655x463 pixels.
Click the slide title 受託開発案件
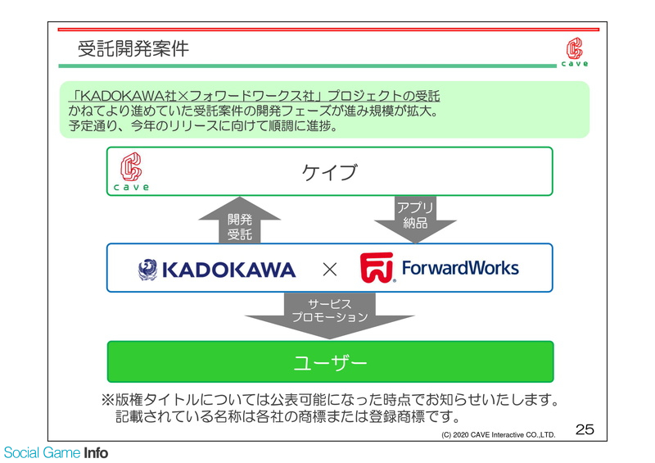(133, 48)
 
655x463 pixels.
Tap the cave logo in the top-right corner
(575, 52)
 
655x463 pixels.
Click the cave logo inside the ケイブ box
(131, 171)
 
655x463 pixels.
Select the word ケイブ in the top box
(330, 172)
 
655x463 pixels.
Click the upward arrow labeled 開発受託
(239, 220)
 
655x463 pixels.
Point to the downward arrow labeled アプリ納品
(415, 220)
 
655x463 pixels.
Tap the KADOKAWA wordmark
(229, 270)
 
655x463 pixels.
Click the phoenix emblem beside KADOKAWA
(148, 270)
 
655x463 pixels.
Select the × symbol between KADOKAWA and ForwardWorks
(330, 270)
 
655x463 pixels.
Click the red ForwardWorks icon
(377, 268)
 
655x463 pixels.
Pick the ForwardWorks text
(460, 268)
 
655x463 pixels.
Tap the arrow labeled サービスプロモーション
(330, 315)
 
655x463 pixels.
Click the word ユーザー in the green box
(330, 362)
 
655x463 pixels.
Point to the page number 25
(585, 429)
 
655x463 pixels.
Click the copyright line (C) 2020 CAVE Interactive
(499, 435)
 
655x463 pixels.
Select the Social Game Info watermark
(56, 452)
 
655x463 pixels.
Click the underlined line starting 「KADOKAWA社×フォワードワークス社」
(255, 96)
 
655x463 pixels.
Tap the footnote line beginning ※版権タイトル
(330, 400)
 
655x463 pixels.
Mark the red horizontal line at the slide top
(328, 30)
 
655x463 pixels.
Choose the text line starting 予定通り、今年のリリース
(203, 125)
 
